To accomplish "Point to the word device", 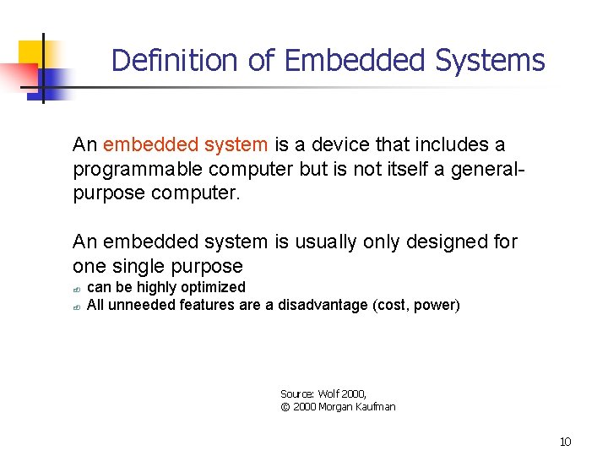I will coord(343,145).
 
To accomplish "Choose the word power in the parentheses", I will coord(435,305).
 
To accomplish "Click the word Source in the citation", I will coord(297,394).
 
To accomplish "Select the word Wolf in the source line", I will coord(330,394).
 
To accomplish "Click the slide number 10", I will coord(565,442).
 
